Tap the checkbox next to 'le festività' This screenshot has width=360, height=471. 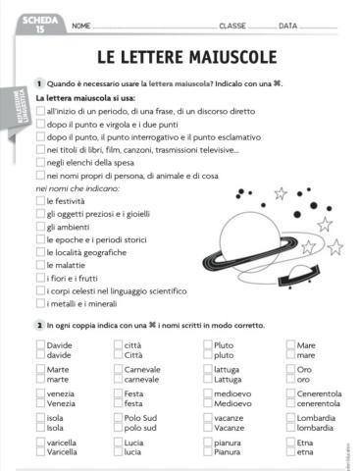tap(39, 200)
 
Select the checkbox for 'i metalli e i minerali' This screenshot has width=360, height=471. tap(39, 302)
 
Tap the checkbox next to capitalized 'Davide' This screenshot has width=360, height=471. tap(39, 345)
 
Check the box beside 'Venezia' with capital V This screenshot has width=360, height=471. tap(39, 403)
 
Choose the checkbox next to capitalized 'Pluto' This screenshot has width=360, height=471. tap(207, 345)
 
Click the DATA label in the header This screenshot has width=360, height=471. tap(288, 26)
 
